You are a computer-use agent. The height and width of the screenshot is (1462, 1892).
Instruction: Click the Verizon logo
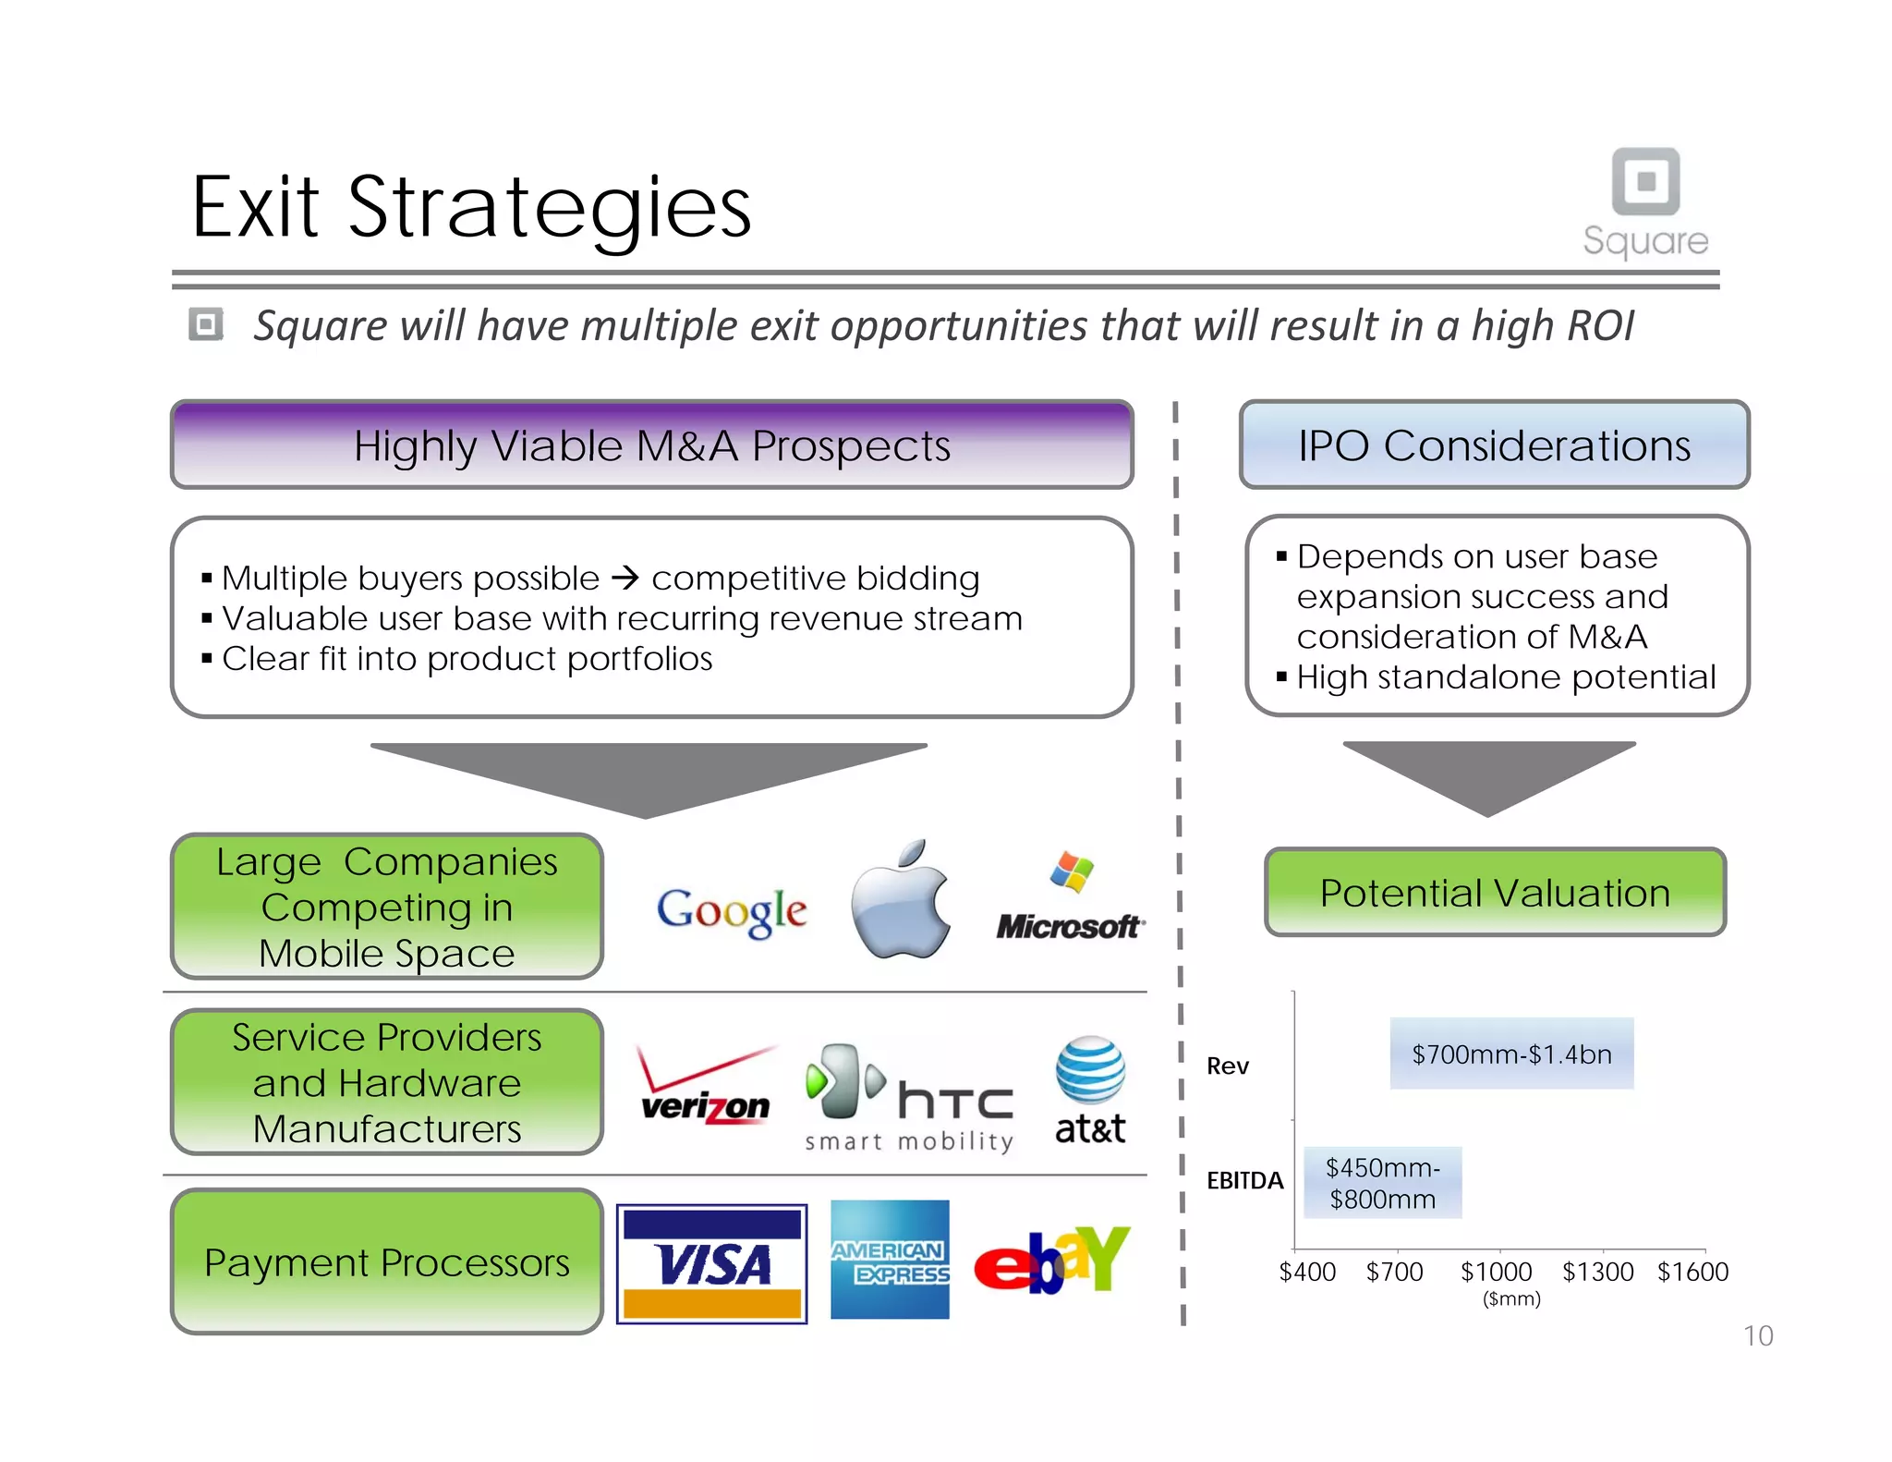click(706, 1088)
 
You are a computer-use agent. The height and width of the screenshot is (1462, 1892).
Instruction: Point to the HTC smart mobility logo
click(909, 1098)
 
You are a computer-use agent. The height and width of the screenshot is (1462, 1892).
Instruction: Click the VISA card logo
click(711, 1263)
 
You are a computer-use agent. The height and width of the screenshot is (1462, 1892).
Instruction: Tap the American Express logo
click(890, 1260)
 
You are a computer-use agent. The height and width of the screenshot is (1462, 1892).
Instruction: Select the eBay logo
click(1051, 1261)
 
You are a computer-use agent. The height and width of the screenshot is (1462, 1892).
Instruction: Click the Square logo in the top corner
click(1645, 202)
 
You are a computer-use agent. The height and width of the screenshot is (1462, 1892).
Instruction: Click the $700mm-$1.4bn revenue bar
click(1511, 1054)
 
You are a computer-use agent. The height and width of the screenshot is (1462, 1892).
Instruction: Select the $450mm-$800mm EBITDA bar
click(1382, 1183)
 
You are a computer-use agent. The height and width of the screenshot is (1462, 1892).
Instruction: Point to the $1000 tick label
click(1496, 1272)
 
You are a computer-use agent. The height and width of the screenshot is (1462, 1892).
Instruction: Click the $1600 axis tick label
click(1692, 1272)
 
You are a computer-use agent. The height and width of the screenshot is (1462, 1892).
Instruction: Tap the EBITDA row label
click(1244, 1180)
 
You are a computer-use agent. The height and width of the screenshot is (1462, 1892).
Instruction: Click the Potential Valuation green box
click(1495, 893)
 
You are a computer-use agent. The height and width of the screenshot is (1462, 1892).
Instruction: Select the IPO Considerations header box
click(1494, 445)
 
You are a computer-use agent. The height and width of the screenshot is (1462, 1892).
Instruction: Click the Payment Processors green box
click(387, 1262)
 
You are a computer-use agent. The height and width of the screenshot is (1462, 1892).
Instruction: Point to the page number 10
click(1757, 1335)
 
